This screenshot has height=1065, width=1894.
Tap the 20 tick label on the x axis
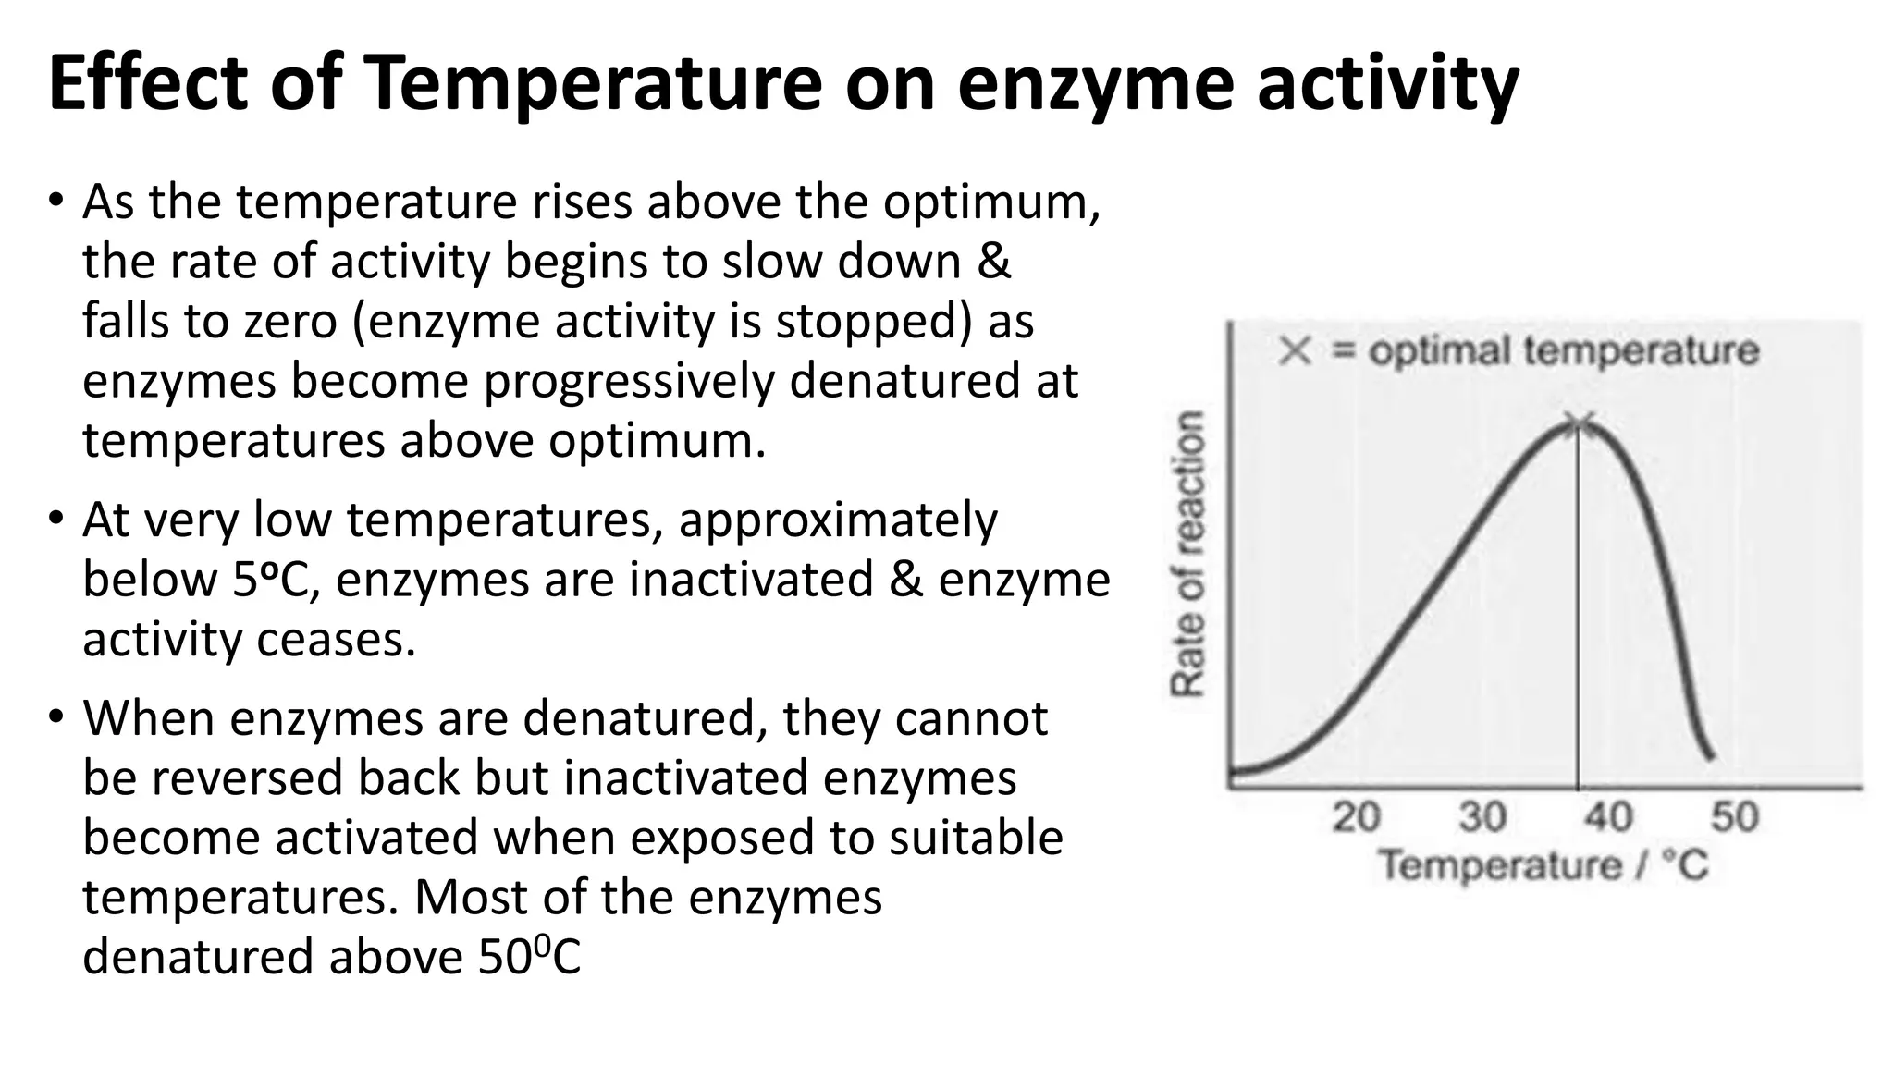(1356, 817)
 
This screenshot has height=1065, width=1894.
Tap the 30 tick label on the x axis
(1482, 817)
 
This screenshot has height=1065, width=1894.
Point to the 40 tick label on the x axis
(1608, 817)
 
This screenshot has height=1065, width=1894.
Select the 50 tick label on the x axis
(1734, 817)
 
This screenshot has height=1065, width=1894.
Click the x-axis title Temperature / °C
(1543, 866)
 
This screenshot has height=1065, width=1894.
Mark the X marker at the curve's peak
(1580, 424)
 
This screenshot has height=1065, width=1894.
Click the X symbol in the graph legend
(1295, 351)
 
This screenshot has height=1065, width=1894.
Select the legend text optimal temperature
(1563, 351)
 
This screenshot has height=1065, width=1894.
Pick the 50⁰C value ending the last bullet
(529, 957)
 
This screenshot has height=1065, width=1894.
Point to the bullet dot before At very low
(56, 519)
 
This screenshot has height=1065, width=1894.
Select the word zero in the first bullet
(290, 322)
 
